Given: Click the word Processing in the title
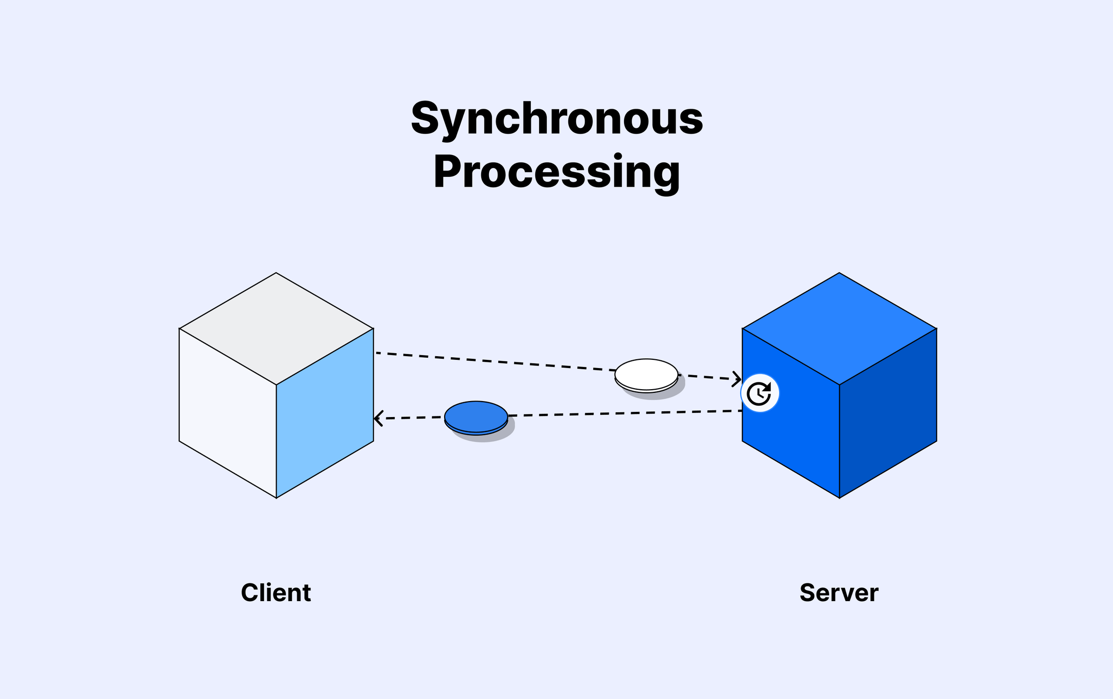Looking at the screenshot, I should click(556, 172).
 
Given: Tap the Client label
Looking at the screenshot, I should click(276, 593).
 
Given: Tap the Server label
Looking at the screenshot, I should click(839, 593).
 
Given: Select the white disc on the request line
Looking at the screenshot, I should click(646, 374).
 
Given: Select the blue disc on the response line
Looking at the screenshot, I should click(476, 416).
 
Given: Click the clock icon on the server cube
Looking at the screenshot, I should click(760, 393).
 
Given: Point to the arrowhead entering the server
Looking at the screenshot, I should click(737, 379).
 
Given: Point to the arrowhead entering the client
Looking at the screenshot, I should click(378, 418).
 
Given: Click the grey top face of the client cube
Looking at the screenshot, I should click(276, 328).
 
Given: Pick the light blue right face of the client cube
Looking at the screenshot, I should click(325, 412).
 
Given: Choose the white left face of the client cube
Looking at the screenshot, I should click(228, 412).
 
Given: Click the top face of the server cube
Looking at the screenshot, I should click(839, 328).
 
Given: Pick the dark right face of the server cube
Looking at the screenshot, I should click(888, 412).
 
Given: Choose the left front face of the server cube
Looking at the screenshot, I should click(791, 438).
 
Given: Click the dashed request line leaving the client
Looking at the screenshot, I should click(490, 361).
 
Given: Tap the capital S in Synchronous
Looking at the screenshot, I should click(427, 119).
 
